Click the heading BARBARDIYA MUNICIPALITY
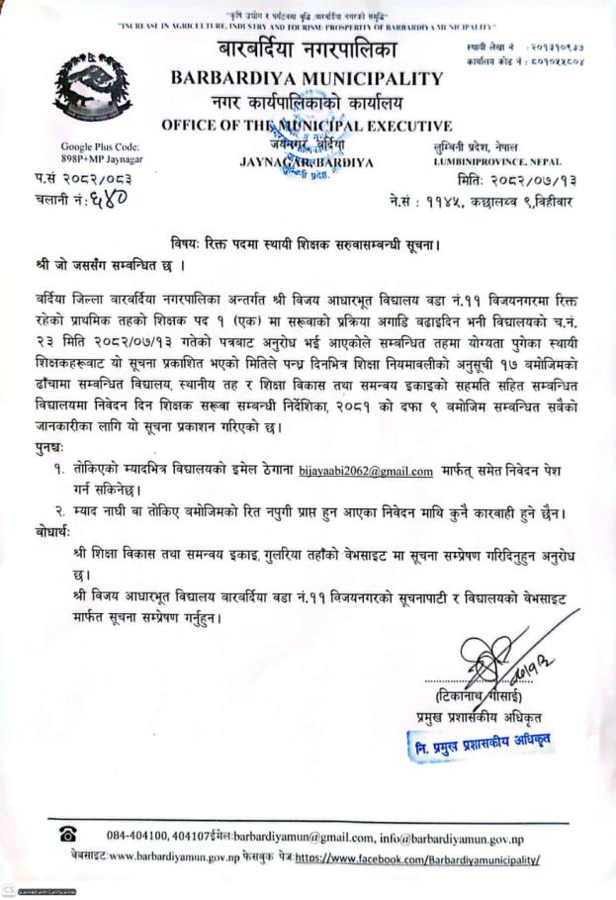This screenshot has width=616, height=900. point(307,78)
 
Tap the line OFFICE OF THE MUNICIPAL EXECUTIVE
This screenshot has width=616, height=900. point(307,126)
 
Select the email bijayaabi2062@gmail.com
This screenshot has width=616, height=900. point(370,471)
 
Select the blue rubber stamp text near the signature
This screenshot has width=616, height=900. point(482,741)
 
